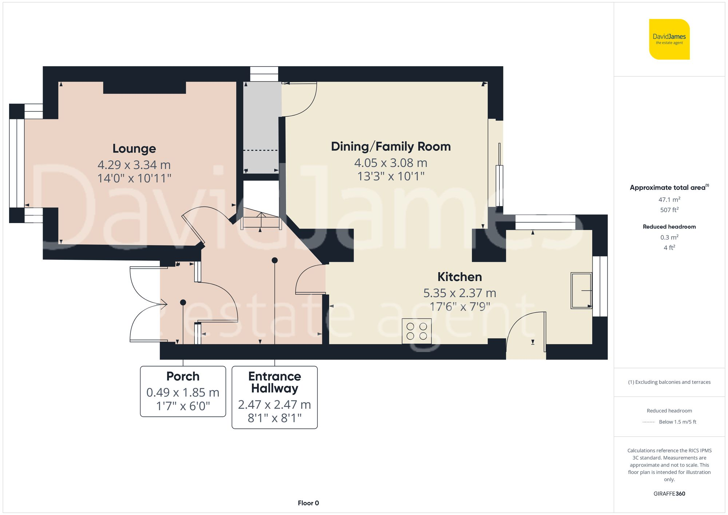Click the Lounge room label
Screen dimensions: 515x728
click(x=134, y=148)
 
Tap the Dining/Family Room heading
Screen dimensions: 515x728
click(x=391, y=146)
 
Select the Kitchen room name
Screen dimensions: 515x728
click(x=459, y=277)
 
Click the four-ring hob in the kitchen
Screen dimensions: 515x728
click(x=416, y=331)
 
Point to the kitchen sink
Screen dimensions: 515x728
click(x=581, y=290)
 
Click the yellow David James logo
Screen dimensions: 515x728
click(x=669, y=39)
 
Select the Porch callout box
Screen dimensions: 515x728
click(x=183, y=391)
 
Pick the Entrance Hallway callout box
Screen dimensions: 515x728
click(x=274, y=397)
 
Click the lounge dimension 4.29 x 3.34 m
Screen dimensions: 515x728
click(x=134, y=165)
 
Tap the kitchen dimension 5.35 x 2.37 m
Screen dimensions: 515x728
click(x=459, y=293)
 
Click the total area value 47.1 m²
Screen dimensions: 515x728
click(x=669, y=199)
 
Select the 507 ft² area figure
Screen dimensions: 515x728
click(x=669, y=210)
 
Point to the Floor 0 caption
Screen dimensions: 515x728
click(x=308, y=503)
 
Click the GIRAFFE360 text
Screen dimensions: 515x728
click(x=669, y=494)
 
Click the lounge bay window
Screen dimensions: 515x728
click(x=17, y=163)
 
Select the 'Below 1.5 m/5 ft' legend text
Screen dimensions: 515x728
click(x=677, y=422)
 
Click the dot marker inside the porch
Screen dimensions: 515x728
click(x=183, y=302)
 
